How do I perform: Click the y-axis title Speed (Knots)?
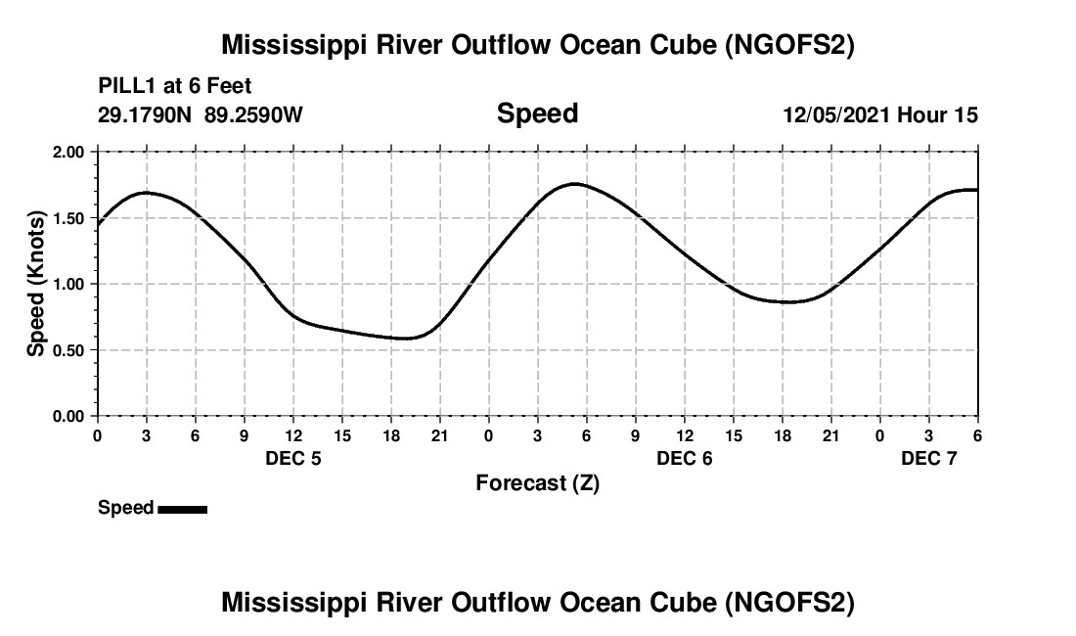(x=35, y=284)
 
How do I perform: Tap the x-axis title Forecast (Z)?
(x=537, y=483)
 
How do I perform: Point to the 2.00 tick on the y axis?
(x=68, y=153)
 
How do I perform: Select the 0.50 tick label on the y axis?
(x=68, y=350)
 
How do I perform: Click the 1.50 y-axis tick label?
(x=68, y=218)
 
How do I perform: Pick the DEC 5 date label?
(x=293, y=458)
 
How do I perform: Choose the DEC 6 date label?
(x=685, y=458)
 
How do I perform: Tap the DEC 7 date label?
(x=929, y=458)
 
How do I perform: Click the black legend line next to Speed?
(x=182, y=509)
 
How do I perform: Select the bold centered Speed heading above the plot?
(x=537, y=114)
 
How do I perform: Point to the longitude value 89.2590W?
(x=254, y=115)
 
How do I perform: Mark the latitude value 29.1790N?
(x=147, y=115)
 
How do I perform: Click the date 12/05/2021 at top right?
(x=835, y=115)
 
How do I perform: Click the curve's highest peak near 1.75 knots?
(x=575, y=184)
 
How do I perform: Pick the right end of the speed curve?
(x=976, y=190)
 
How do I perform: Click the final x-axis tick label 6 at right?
(x=977, y=435)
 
